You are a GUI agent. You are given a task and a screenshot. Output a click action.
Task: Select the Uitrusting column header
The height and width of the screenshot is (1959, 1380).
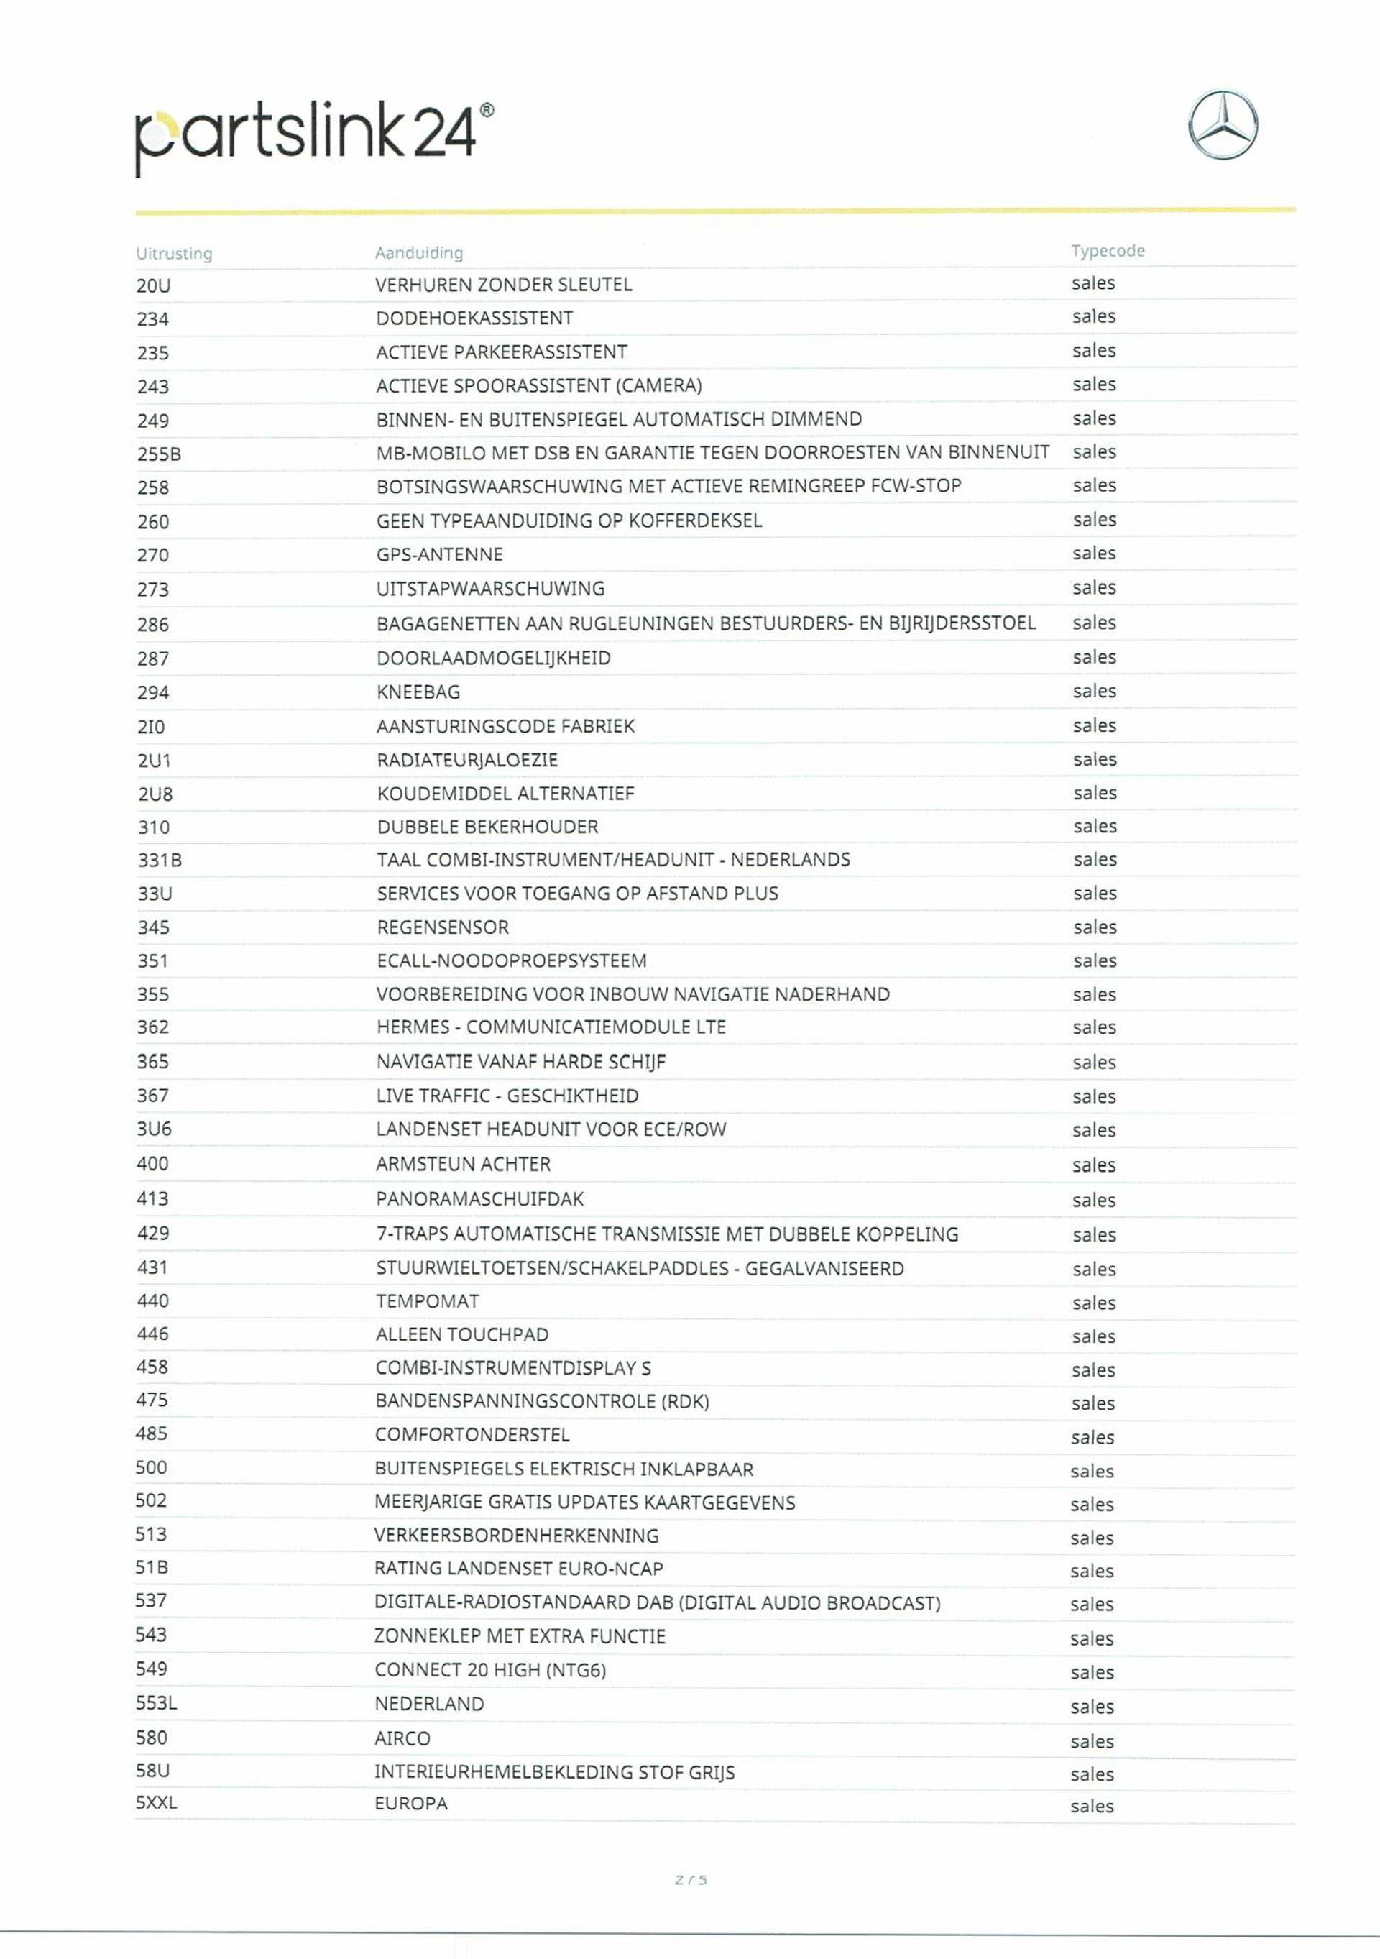click(x=174, y=253)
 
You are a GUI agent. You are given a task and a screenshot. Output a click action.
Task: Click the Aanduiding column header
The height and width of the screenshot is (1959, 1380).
click(x=419, y=252)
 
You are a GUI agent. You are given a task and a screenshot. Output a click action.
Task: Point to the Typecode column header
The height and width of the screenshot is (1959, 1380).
click(x=1107, y=251)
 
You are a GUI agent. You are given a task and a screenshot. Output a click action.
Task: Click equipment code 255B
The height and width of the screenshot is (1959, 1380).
click(x=160, y=454)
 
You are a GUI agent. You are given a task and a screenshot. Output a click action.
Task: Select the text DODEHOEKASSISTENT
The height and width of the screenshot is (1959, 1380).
click(x=474, y=318)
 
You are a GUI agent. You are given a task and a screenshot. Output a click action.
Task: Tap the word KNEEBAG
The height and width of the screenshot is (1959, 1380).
click(x=418, y=692)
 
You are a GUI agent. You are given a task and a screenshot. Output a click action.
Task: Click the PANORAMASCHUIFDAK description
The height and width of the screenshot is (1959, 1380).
click(x=479, y=1199)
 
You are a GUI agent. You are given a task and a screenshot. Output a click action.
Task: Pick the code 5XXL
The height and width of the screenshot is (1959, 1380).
click(x=156, y=1803)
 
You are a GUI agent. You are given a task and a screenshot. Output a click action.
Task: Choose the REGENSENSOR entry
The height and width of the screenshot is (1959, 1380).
click(x=443, y=927)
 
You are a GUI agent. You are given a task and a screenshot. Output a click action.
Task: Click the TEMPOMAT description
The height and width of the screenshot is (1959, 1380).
click(x=428, y=1301)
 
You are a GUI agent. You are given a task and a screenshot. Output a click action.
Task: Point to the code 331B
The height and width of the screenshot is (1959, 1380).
click(x=160, y=860)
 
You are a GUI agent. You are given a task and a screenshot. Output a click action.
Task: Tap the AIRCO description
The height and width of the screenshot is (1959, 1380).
click(x=402, y=1738)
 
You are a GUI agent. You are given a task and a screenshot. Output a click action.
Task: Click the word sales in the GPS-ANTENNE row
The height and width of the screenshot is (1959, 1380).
click(x=1093, y=554)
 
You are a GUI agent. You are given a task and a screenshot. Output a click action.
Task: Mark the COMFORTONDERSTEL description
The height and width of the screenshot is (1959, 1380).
click(x=471, y=1435)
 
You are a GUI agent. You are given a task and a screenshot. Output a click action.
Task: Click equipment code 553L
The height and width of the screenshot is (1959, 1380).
click(x=156, y=1703)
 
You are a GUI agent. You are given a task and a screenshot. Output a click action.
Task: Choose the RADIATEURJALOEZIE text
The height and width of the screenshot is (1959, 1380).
click(x=467, y=760)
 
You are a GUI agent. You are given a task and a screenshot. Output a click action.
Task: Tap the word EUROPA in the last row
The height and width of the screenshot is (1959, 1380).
click(x=411, y=1803)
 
